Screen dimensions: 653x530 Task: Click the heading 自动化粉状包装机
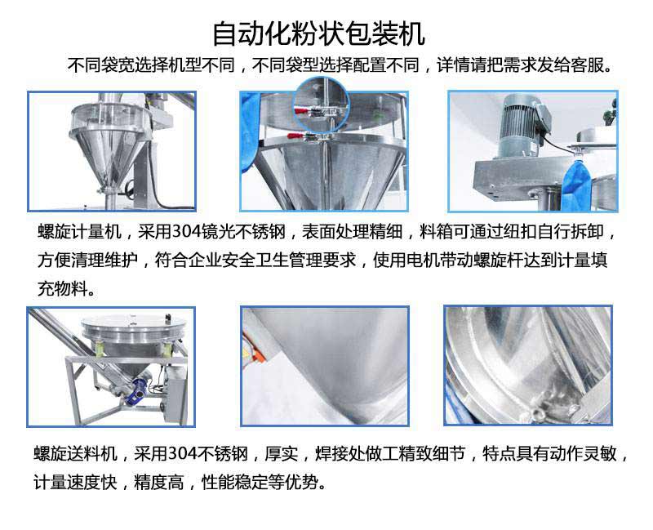[x=319, y=33]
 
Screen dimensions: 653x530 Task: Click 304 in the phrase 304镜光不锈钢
[x=186, y=232]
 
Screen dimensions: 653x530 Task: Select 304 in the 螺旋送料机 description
[x=182, y=454]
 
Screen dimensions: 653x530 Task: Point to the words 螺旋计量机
[x=79, y=232]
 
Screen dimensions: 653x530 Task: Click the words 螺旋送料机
[x=75, y=454]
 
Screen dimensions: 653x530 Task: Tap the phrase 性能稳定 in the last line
[x=235, y=483]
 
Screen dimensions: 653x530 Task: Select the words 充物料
[x=63, y=288]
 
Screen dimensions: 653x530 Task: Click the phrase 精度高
[x=159, y=483]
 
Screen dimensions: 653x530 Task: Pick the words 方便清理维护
[x=88, y=260]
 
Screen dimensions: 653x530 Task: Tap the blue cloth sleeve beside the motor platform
[x=576, y=183]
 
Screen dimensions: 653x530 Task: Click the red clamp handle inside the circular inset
[x=302, y=111]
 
